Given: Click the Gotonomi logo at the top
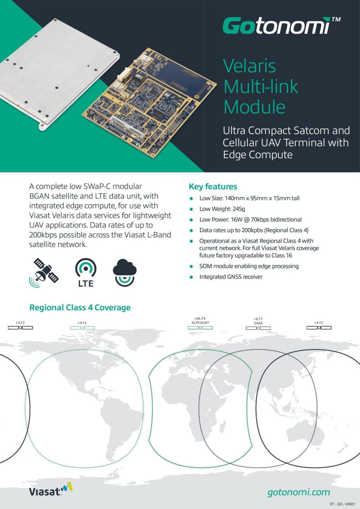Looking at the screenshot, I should pyautogui.click(x=276, y=26).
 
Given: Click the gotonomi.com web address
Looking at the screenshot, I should pyautogui.click(x=298, y=492).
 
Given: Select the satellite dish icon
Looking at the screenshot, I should pyautogui.click(x=45, y=272).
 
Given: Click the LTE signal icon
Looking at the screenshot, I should pyautogui.click(x=86, y=272).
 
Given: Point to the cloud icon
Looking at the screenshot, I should pyautogui.click(x=125, y=272).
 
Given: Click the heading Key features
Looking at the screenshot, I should pyautogui.click(x=213, y=187).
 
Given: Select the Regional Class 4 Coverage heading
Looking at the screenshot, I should pyautogui.click(x=80, y=307).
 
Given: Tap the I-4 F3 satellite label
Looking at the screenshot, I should pyautogui.click(x=82, y=323).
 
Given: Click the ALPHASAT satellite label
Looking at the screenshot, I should pyautogui.click(x=200, y=323).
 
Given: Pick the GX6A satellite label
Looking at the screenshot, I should pyautogui.click(x=258, y=323).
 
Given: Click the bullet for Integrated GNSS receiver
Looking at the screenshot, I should pyautogui.click(x=191, y=277).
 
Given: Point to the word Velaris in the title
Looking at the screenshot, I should pyautogui.click(x=249, y=66).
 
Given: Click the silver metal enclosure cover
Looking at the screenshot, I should pyautogui.click(x=56, y=68).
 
